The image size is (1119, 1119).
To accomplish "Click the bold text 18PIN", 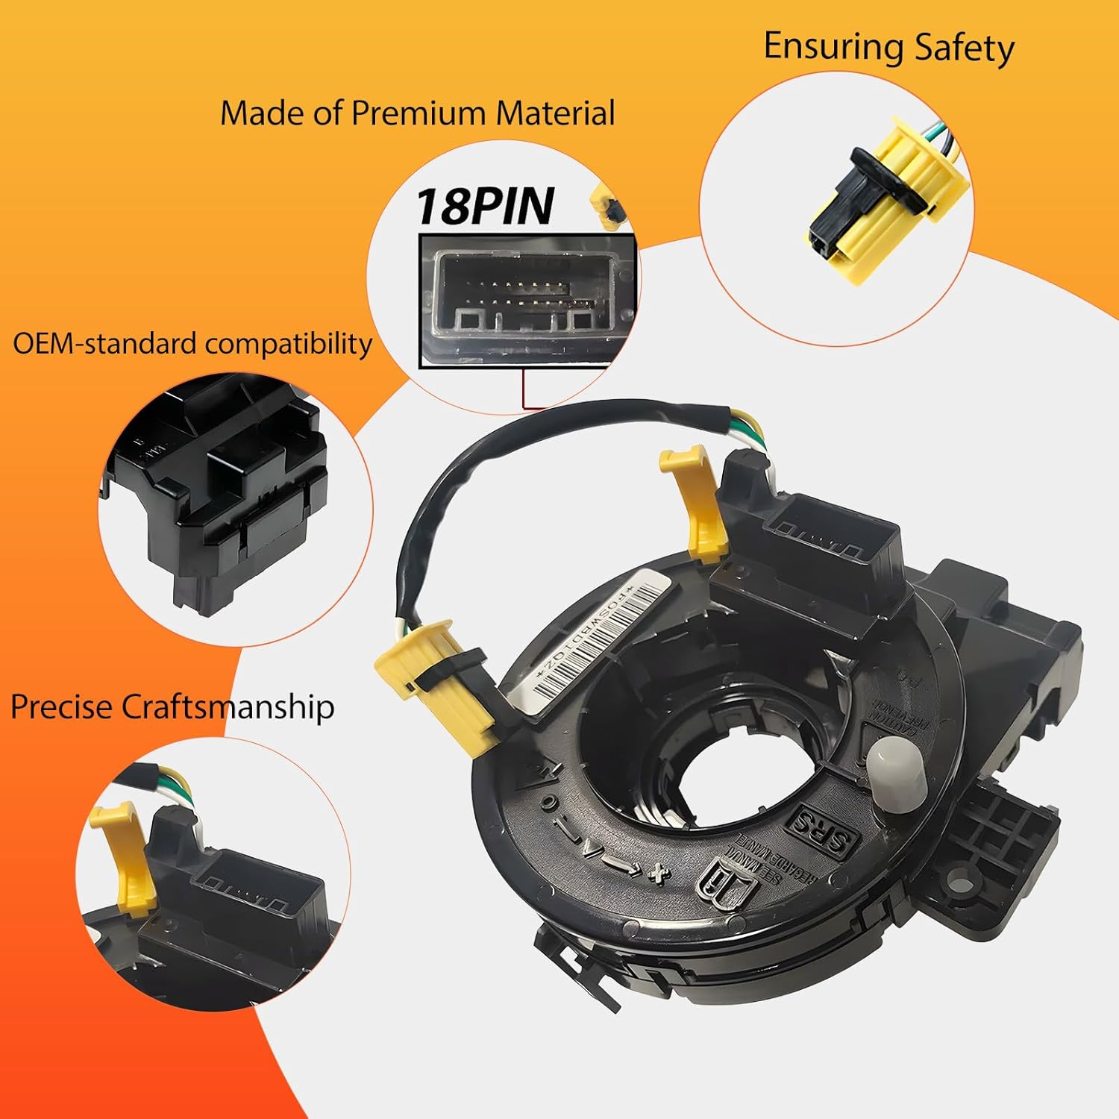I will point(485,206).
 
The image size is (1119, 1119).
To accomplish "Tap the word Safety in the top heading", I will point(964,48).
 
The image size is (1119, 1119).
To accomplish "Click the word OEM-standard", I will point(105,344).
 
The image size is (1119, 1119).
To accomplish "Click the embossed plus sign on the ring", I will point(656,873).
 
